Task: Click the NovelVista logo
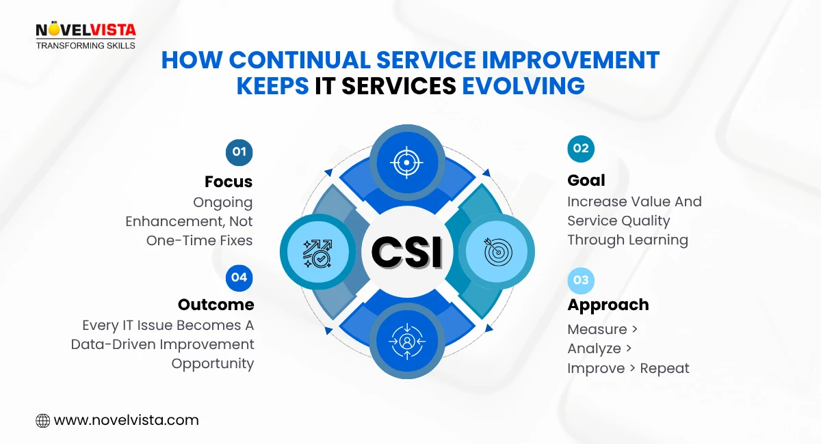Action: [x=86, y=30]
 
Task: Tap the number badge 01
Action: [x=239, y=152]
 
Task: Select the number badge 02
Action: [x=581, y=149]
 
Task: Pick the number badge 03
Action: [x=581, y=280]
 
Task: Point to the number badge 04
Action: [x=239, y=277]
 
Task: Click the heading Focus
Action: [x=229, y=182]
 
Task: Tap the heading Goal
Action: [x=586, y=180]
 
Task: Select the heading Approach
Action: [x=608, y=305]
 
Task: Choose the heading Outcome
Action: [x=216, y=305]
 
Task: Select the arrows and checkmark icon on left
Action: [x=317, y=252]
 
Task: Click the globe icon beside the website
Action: [x=43, y=421]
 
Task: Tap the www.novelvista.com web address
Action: [x=126, y=421]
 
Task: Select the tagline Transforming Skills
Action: [x=86, y=45]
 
